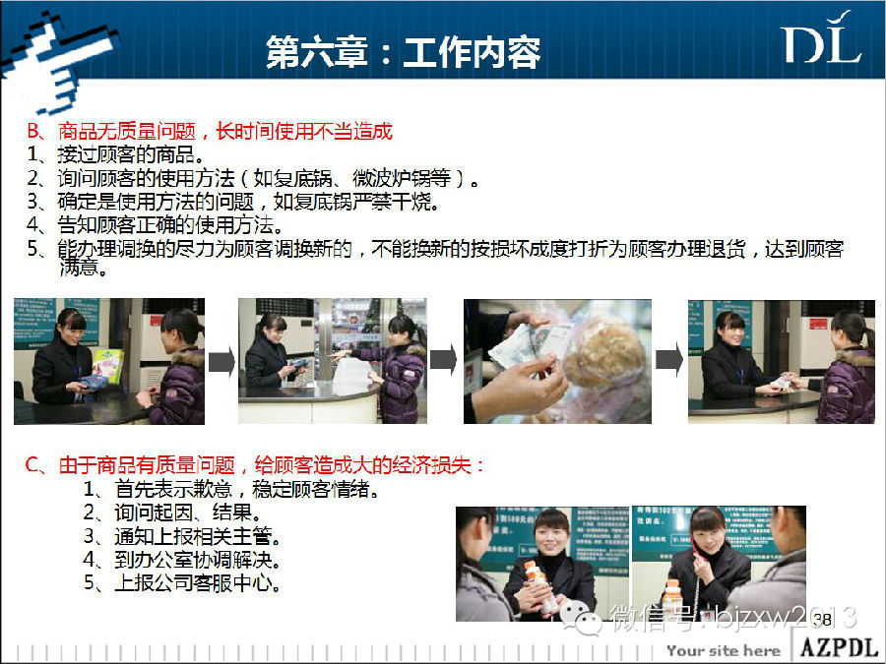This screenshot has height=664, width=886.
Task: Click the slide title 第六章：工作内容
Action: (403, 52)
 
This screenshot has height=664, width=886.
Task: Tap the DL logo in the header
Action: (822, 37)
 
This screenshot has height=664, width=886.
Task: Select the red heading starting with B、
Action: (210, 131)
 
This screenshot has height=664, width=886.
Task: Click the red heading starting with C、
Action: (255, 465)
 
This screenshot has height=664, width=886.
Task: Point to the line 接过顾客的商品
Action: (116, 154)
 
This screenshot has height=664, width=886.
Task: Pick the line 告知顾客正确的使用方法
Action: (156, 224)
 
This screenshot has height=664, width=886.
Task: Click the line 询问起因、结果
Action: (172, 513)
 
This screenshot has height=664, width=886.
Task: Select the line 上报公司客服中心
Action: (182, 582)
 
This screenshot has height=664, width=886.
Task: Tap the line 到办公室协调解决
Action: (182, 559)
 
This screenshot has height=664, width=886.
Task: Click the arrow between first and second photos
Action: (221, 361)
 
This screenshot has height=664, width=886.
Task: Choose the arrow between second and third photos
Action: (444, 360)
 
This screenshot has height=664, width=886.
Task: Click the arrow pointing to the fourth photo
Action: (669, 359)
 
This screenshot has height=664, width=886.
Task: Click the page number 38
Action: (822, 620)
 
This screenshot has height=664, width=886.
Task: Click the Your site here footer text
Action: (724, 651)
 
